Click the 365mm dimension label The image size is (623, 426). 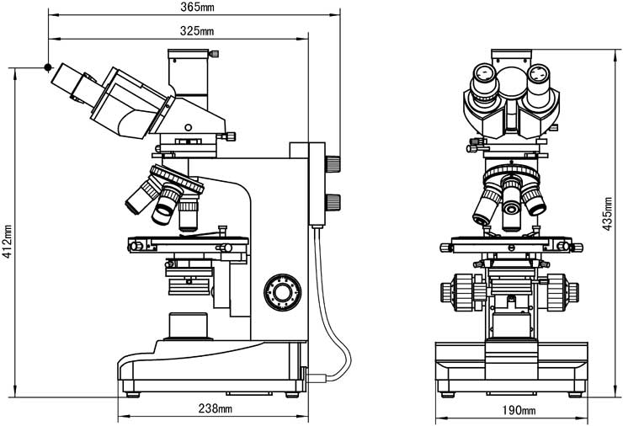point(197,8)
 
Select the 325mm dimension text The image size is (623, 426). point(197,31)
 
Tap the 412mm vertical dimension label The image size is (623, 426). point(8,240)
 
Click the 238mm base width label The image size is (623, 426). point(214,409)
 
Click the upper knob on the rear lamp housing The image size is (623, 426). point(334,162)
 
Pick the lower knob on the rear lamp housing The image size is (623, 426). point(334,200)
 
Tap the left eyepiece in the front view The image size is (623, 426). point(483,82)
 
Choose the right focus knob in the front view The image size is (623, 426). point(562,291)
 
